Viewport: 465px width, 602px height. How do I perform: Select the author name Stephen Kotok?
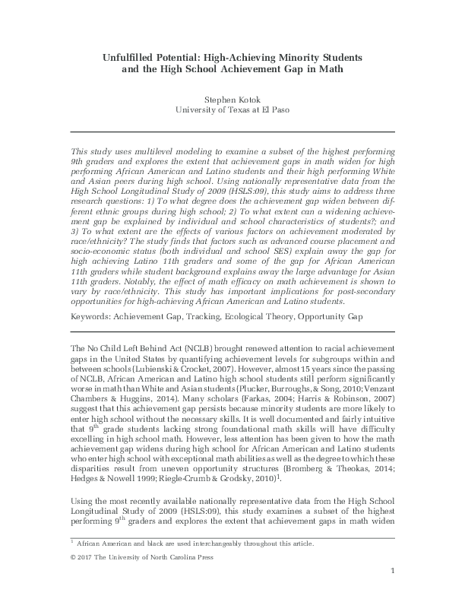tap(232, 98)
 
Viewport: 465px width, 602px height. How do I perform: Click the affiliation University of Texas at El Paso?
tap(232, 109)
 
